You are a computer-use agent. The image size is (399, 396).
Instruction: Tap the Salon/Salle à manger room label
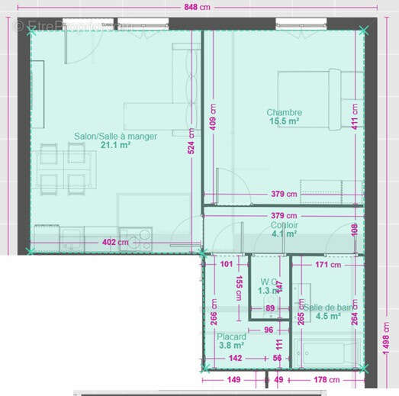tap(115, 137)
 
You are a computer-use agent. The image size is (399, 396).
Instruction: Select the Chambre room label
tap(284, 112)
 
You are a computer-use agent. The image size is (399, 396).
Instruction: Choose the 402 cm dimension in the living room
tap(115, 243)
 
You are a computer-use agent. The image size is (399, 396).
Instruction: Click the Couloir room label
tap(284, 226)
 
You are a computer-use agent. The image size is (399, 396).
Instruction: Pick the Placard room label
tap(230, 336)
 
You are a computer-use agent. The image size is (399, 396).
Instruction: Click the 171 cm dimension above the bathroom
tap(327, 265)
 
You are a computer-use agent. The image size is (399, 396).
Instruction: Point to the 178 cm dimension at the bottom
tap(326, 379)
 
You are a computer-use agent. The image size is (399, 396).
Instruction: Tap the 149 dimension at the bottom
tap(232, 379)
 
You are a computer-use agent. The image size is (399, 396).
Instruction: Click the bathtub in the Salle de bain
tap(329, 352)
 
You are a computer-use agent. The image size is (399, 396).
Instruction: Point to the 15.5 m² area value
tap(284, 121)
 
